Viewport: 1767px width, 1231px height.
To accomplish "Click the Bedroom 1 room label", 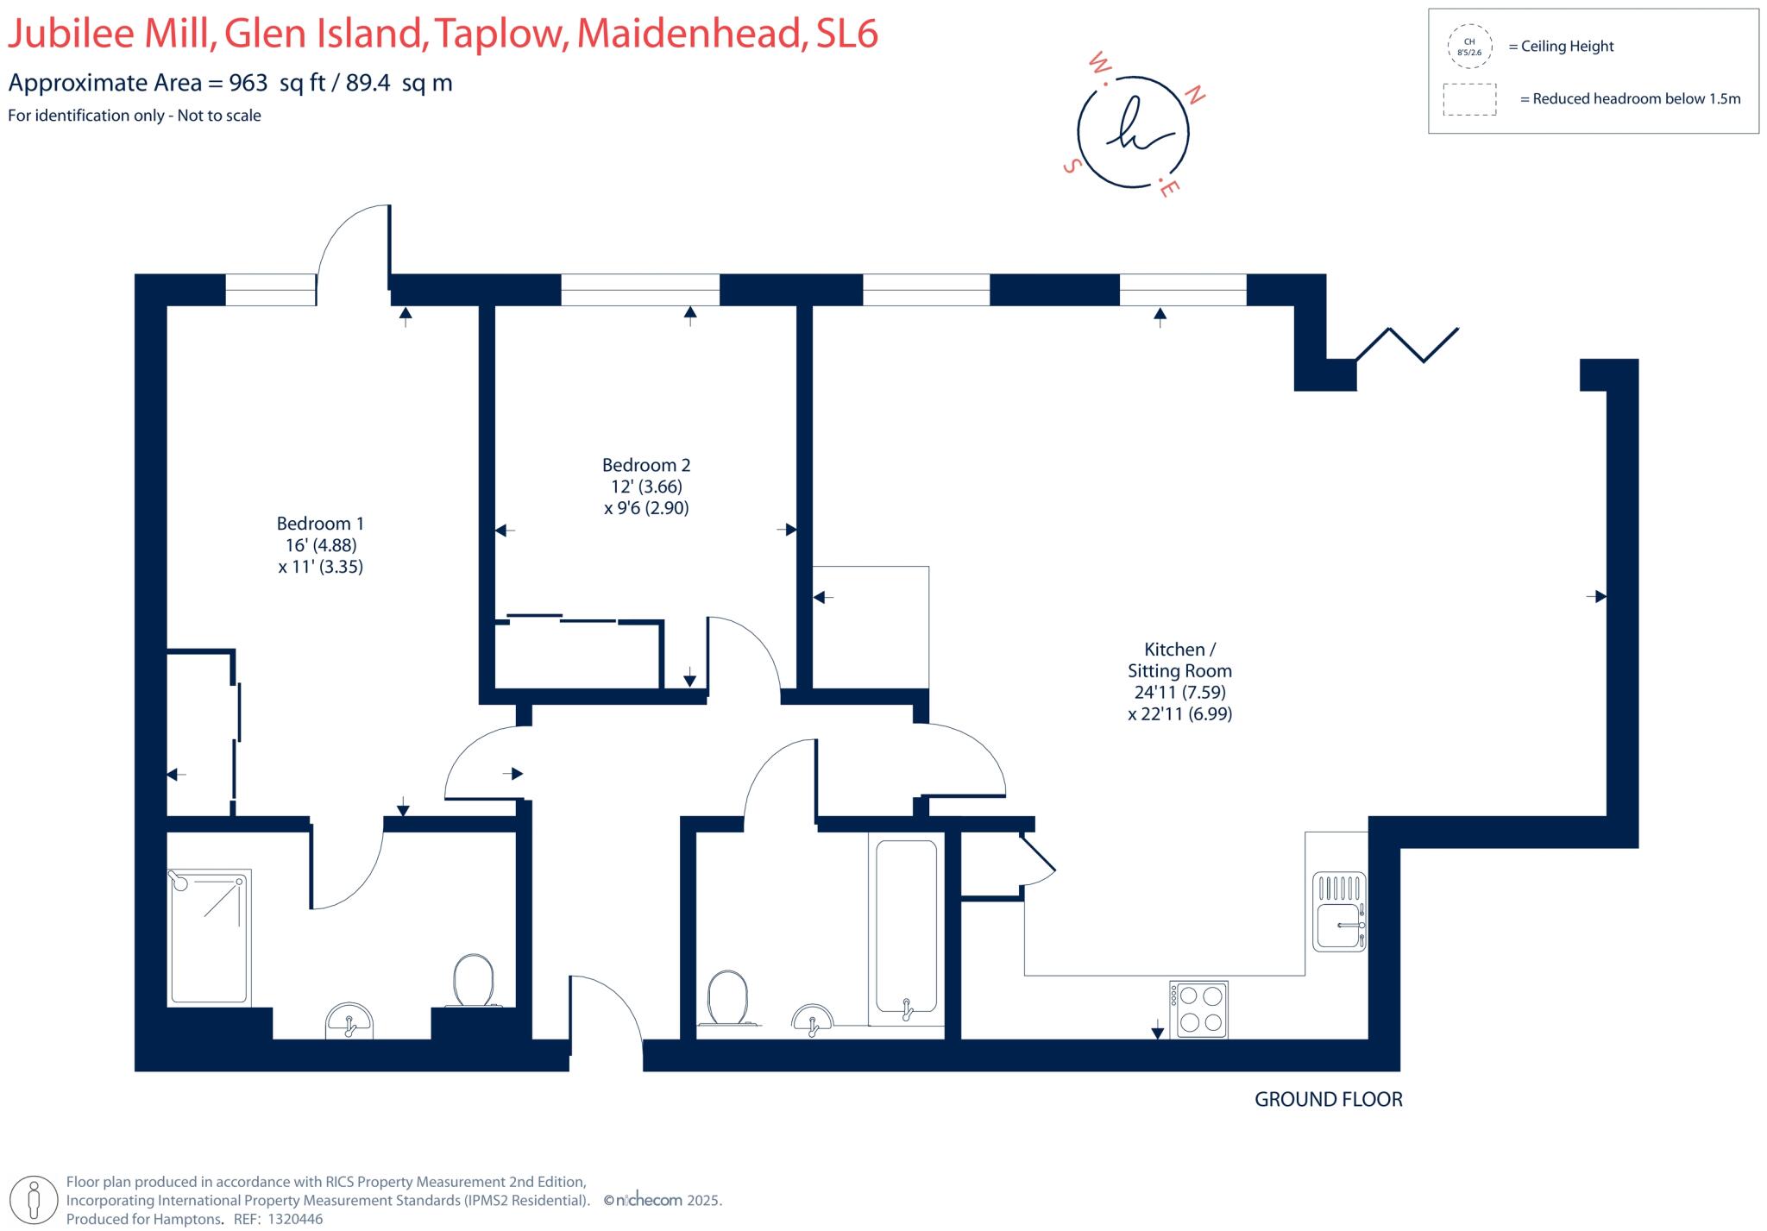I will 320,524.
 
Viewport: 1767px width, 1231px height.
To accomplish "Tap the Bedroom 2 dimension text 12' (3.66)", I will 646,487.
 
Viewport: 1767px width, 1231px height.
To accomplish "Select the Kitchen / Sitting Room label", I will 1179,660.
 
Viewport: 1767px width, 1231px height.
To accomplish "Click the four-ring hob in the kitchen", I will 1198,1008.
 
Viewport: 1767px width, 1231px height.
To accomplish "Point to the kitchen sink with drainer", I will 1339,912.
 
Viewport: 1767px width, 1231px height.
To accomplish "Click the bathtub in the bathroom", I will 906,926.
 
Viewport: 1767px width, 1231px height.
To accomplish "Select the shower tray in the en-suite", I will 210,937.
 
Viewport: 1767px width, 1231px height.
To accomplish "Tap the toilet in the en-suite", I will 473,981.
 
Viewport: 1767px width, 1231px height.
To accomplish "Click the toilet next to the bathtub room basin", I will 726,998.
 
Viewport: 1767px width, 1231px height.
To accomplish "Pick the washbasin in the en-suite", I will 349,1021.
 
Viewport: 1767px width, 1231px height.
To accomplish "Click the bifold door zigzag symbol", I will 1406,344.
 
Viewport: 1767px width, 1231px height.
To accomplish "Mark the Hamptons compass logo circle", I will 1132,133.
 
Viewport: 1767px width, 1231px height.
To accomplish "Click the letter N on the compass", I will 1196,96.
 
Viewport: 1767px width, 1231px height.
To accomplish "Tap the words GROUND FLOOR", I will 1328,1099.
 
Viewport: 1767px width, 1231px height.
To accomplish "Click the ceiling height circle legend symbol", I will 1468,47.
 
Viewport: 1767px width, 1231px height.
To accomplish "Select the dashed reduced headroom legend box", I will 1468,99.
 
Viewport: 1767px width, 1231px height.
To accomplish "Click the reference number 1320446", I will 295,1219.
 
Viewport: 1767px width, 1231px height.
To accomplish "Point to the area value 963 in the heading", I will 248,83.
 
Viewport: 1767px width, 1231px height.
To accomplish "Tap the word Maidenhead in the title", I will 686,34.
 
